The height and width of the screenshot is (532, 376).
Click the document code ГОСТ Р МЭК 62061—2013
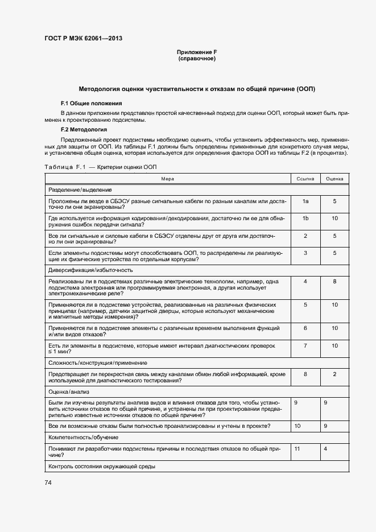tap(83, 39)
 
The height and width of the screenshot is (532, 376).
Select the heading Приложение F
tap(197, 53)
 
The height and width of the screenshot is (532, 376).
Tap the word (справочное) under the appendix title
tap(197, 59)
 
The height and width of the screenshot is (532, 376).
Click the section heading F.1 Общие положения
tap(91, 104)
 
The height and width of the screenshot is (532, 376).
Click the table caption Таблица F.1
tap(64, 167)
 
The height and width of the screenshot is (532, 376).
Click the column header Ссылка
tap(305, 179)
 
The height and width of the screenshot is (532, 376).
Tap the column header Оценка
tap(334, 179)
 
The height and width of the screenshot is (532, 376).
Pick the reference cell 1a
tap(305, 201)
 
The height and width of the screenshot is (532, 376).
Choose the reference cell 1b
tap(305, 218)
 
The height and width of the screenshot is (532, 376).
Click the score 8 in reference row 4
tap(334, 281)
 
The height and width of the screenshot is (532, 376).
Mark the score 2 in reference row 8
tap(334, 374)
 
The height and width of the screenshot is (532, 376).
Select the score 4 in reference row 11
tap(325, 449)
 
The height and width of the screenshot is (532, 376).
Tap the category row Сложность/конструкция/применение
tap(98, 362)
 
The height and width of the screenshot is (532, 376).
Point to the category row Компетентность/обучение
tap(83, 438)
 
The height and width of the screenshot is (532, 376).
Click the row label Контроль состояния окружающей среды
tap(102, 467)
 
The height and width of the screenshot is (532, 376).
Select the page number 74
tap(48, 483)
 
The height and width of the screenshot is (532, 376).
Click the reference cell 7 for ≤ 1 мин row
tap(305, 345)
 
